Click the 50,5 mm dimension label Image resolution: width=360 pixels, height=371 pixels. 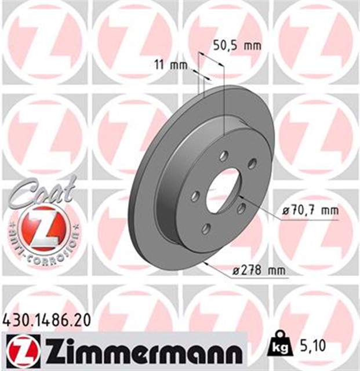tap(234, 45)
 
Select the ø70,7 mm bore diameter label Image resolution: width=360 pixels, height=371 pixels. tap(310, 210)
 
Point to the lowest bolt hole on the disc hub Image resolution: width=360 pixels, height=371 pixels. tap(206, 230)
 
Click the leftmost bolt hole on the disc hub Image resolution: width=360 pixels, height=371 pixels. tap(195, 197)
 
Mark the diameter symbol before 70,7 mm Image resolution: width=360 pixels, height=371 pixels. tap(285, 210)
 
